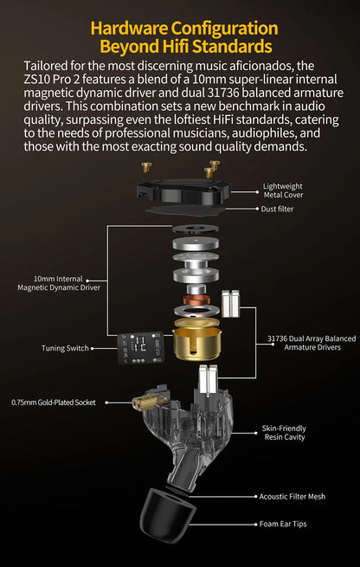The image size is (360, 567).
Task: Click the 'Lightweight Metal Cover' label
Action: click(x=283, y=190)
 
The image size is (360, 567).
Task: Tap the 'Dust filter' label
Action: click(x=277, y=209)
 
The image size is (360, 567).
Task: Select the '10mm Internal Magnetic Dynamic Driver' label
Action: click(x=59, y=284)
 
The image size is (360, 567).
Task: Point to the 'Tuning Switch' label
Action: click(x=65, y=349)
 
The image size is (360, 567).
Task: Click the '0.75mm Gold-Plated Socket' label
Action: click(x=54, y=403)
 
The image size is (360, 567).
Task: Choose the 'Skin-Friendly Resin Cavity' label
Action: click(x=285, y=433)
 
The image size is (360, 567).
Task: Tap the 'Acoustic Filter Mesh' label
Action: click(x=292, y=497)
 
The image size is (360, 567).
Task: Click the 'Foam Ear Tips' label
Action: click(x=283, y=524)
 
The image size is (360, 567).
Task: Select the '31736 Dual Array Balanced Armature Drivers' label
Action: click(x=312, y=343)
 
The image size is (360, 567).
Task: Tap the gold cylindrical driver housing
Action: click(x=196, y=339)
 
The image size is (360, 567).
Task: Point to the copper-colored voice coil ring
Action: click(x=196, y=299)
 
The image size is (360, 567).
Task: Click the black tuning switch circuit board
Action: click(x=140, y=348)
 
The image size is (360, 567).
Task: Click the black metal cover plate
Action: click(x=184, y=191)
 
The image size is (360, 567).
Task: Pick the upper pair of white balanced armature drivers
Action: click(x=230, y=303)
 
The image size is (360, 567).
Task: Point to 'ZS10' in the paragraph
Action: click(x=37, y=79)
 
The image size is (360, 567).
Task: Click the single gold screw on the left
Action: click(x=146, y=167)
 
